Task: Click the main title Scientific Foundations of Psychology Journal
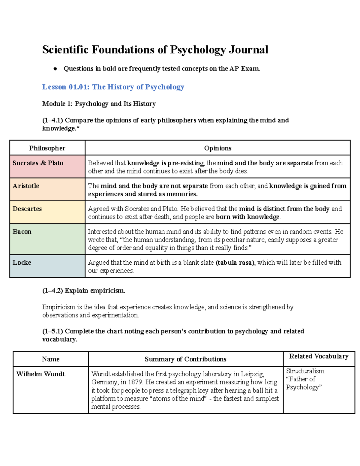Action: tap(155, 50)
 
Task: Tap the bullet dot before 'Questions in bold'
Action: tap(55, 69)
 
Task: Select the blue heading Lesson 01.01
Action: tap(113, 87)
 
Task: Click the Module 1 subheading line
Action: tap(99, 104)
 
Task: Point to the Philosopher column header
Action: tap(47, 148)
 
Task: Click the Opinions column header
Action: tap(217, 148)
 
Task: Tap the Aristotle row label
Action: tap(26, 186)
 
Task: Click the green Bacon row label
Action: tap(22, 232)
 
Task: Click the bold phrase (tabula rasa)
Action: tap(235, 263)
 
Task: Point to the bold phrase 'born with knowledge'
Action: tap(247, 217)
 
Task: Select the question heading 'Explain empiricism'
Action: tap(84, 290)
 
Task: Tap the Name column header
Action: tap(51, 359)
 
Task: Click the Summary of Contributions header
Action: tap(185, 359)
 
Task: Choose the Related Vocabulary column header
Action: tap(319, 356)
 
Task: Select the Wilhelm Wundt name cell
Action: tap(41, 374)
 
